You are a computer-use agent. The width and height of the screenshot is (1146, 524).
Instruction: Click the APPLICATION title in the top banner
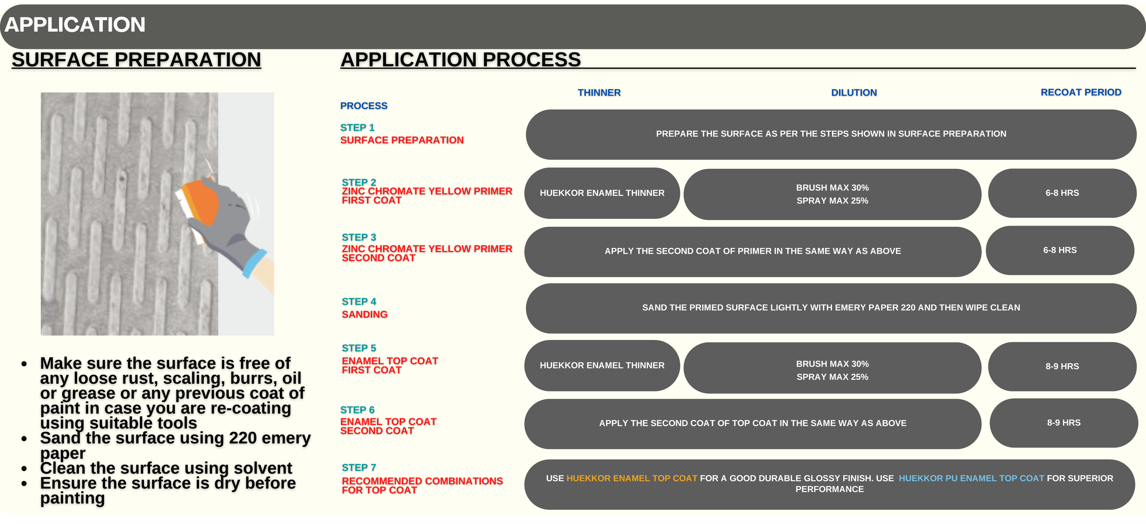coord(75,24)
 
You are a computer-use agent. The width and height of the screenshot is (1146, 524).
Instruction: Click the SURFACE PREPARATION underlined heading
coord(136,60)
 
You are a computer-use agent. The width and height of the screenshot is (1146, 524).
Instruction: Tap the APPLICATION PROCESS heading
coord(460,60)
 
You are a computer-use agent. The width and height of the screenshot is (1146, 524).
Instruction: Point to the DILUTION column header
coord(854,92)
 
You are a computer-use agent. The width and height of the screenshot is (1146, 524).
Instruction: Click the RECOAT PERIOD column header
coord(1081,92)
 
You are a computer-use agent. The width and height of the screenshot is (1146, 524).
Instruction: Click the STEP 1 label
coord(357,128)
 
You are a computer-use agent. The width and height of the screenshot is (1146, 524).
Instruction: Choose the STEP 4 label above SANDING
coord(359,302)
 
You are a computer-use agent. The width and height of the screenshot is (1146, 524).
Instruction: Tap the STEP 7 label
coord(359,467)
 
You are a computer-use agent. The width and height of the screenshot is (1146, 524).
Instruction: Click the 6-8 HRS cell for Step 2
coord(1062,193)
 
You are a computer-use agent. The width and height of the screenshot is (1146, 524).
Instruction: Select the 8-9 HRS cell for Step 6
coord(1063,423)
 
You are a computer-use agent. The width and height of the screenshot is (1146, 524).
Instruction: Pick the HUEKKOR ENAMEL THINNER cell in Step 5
coord(602,365)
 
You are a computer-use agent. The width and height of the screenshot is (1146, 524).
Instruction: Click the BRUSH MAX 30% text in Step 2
coord(832,188)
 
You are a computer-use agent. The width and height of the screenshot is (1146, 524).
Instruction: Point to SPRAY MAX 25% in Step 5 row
coord(832,377)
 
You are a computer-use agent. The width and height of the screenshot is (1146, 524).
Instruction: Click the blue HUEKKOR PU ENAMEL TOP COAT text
coord(971,478)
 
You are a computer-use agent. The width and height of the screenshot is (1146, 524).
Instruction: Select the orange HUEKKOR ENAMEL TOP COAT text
coord(632,478)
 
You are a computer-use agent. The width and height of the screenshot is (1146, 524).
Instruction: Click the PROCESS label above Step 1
coord(364,106)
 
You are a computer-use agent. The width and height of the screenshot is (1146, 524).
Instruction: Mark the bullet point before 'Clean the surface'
coord(24,468)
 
